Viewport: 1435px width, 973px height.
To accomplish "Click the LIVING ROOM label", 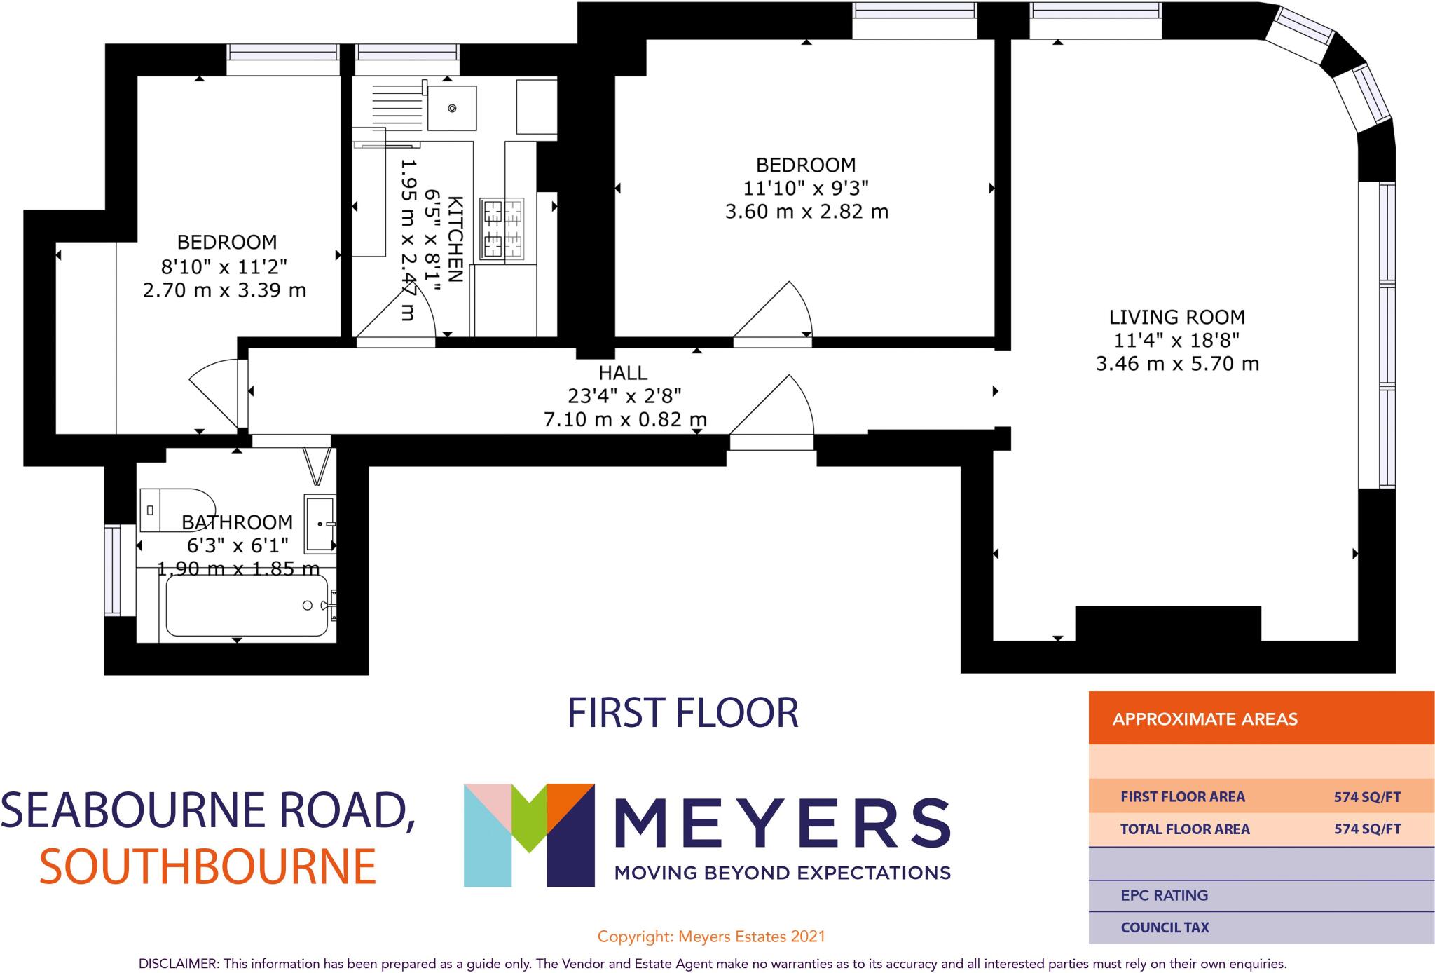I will point(1176,317).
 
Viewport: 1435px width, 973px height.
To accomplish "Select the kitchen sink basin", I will point(452,108).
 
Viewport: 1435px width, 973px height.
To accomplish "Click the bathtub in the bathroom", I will point(246,606).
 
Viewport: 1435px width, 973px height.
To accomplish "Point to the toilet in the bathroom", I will point(175,510).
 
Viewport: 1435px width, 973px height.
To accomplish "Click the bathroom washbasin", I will point(320,523).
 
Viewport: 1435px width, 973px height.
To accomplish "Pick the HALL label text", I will point(623,372).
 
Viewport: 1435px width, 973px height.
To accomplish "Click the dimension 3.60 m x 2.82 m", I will point(806,212).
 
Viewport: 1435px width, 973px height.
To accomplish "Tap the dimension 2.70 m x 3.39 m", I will point(224,290).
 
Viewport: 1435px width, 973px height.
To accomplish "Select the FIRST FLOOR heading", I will point(682,713).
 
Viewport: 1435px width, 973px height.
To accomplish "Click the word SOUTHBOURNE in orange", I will point(207,867).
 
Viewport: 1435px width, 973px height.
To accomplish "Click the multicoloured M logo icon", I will point(528,834).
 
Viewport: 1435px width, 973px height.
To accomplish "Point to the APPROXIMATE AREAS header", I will point(1204,719).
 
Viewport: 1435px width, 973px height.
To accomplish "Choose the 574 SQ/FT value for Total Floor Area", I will point(1367,829).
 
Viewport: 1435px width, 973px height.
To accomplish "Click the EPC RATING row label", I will point(1164,895).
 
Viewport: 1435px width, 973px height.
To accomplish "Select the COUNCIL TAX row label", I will point(1165,927).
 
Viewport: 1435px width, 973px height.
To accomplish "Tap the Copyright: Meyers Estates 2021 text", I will point(710,937).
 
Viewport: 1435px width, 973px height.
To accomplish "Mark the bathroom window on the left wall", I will point(112,570).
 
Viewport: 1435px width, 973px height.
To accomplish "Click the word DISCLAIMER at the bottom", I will point(179,964).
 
